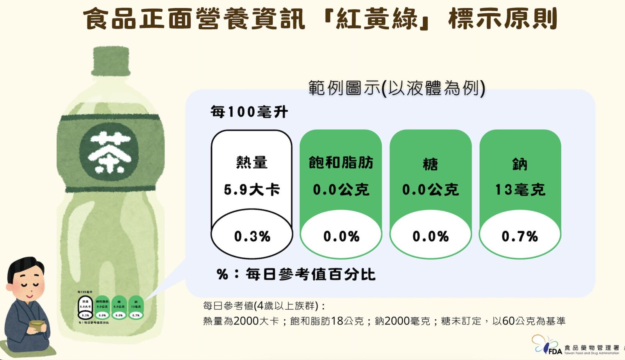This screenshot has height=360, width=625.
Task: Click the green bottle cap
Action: click(x=111, y=61)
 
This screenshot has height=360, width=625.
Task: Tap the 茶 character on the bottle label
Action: click(x=109, y=152)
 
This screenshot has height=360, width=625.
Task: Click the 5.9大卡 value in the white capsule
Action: click(x=252, y=190)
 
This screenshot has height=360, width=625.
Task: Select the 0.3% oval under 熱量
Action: click(x=252, y=236)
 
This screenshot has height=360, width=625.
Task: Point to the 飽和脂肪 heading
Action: click(x=341, y=162)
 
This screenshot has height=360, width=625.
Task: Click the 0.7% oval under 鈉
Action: click(x=520, y=236)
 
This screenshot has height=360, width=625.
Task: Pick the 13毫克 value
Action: click(x=520, y=190)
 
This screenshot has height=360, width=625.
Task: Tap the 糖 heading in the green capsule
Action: click(x=430, y=164)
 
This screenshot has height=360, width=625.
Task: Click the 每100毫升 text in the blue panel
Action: click(x=249, y=112)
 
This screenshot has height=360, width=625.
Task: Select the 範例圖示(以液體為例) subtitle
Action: click(x=396, y=88)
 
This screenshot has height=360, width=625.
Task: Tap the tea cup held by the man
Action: click(x=37, y=325)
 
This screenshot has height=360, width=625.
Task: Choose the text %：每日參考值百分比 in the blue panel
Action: click(x=296, y=274)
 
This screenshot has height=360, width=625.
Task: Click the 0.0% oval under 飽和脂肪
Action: click(x=341, y=236)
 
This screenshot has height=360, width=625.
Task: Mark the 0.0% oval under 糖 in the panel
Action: click(x=430, y=236)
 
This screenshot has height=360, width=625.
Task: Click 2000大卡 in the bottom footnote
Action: click(x=256, y=321)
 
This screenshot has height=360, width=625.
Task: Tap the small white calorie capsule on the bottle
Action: click(x=85, y=307)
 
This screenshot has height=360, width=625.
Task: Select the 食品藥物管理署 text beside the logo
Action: click(x=591, y=348)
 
